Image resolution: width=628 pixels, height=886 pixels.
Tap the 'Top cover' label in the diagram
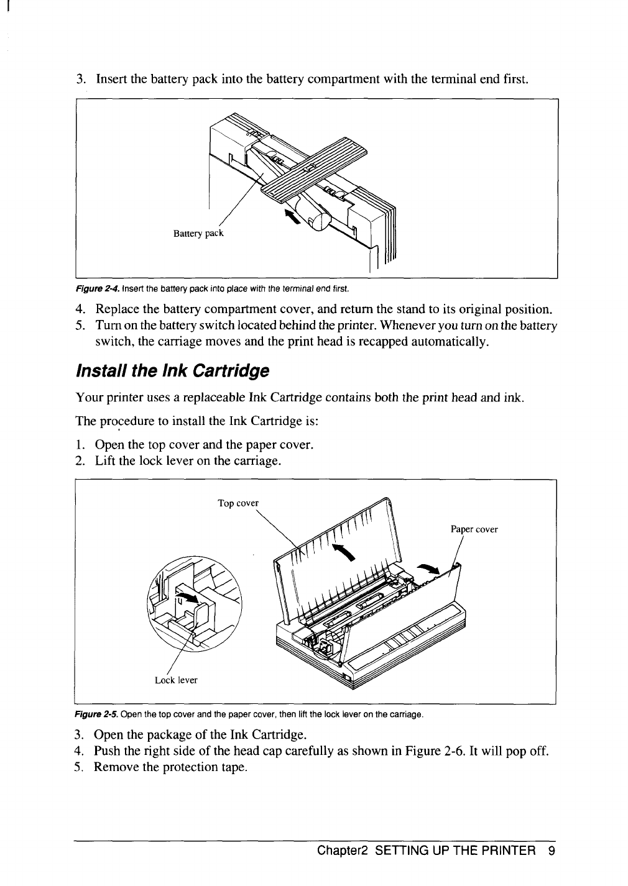238,503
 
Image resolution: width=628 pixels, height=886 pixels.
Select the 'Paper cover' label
474,530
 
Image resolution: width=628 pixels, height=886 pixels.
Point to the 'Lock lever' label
176,680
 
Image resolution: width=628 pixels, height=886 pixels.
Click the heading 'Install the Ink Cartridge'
172,372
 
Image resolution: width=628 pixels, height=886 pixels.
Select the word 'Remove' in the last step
116,767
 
